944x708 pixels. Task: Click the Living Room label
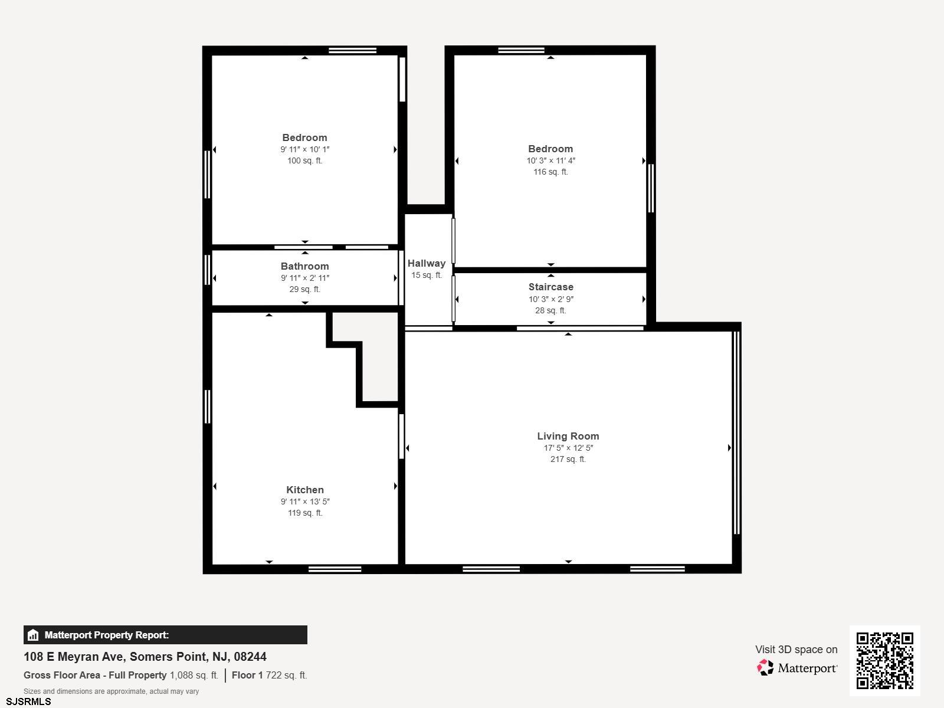point(568,436)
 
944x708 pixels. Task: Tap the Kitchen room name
point(305,490)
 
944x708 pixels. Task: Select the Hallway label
point(426,264)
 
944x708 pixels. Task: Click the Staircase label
point(550,287)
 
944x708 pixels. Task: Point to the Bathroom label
point(304,266)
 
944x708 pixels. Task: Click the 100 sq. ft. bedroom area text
point(304,160)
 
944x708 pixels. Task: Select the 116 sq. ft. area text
point(550,172)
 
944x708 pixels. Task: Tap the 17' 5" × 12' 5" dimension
point(568,448)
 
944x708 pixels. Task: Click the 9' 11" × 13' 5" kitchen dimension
point(305,501)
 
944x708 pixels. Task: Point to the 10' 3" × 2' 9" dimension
point(550,299)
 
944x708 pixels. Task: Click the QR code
point(884,661)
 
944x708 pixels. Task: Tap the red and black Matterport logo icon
point(765,668)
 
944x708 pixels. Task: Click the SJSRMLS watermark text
point(28,702)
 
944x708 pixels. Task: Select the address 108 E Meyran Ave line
point(145,657)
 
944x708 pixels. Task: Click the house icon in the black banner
point(33,635)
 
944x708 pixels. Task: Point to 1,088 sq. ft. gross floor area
point(194,675)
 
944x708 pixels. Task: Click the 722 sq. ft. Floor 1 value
point(286,675)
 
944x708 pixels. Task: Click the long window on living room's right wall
point(736,432)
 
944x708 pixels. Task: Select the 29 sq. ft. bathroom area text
point(304,289)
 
